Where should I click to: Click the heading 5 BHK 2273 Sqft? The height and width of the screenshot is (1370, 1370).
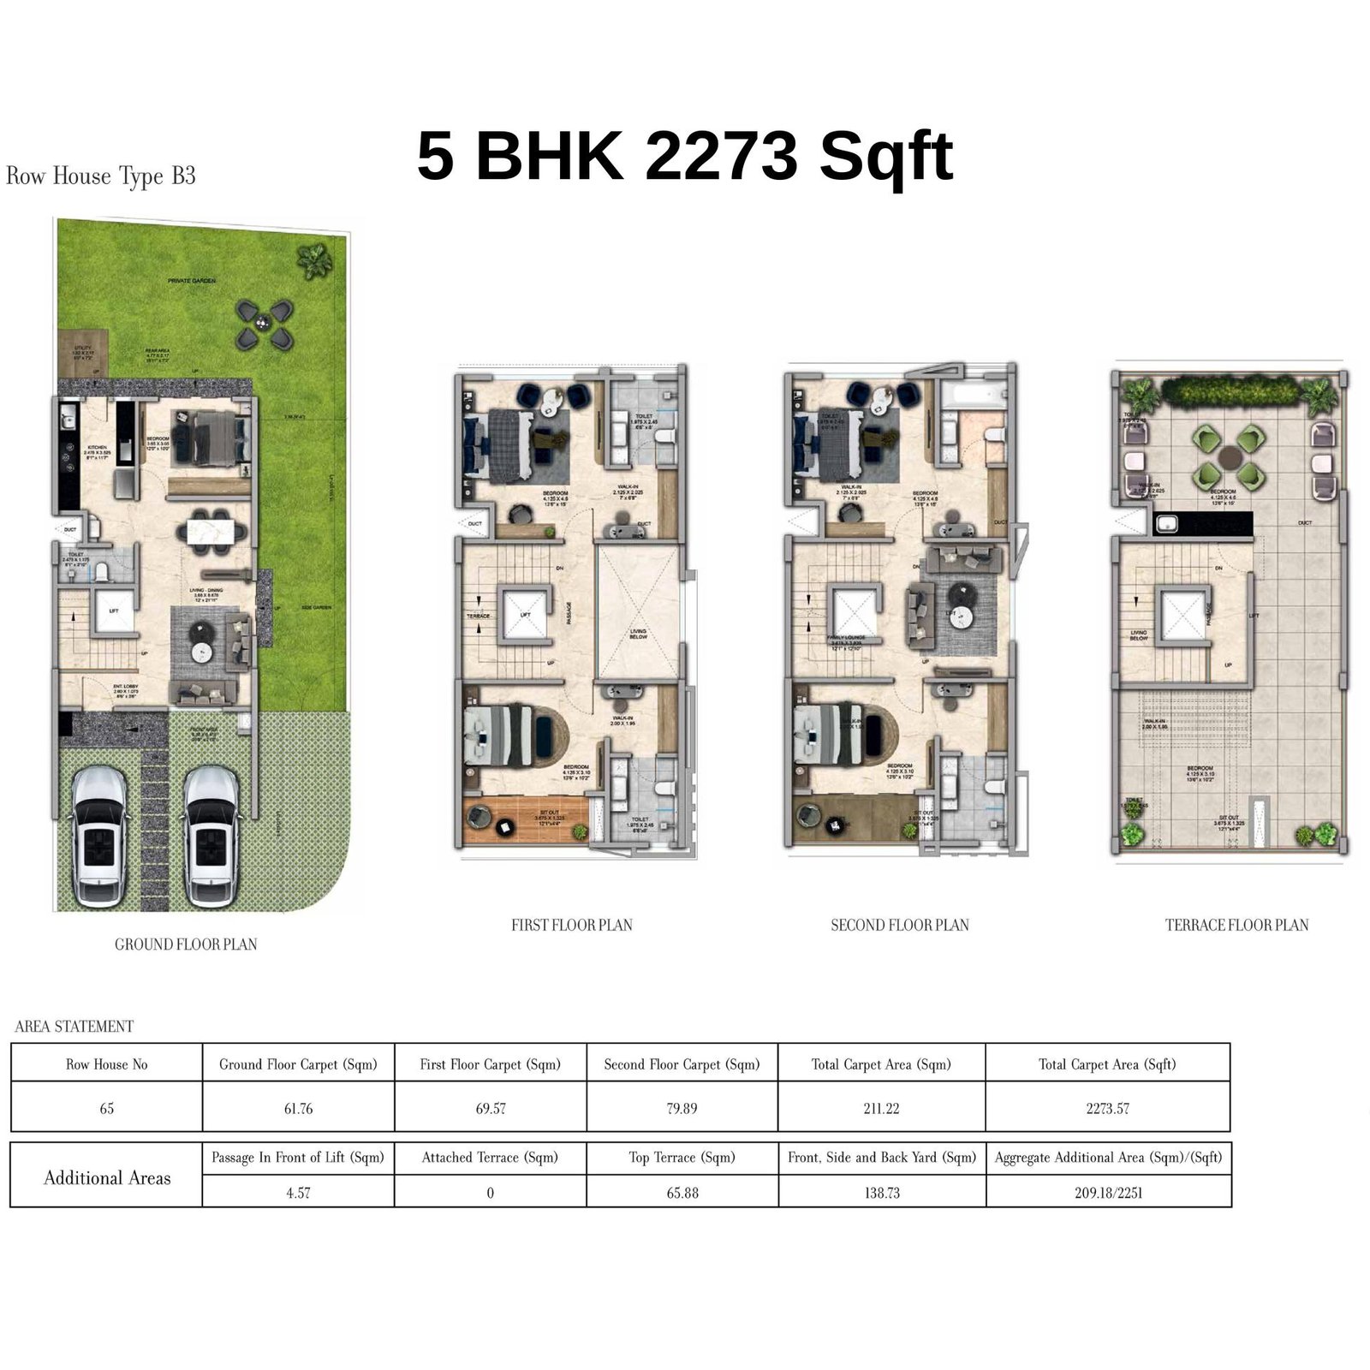(x=684, y=156)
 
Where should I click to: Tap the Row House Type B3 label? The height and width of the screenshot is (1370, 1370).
(x=101, y=176)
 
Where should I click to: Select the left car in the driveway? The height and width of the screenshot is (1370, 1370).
(x=101, y=836)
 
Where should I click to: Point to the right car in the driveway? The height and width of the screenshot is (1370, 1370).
(x=211, y=836)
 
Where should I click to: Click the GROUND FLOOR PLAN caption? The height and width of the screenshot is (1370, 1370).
(x=186, y=944)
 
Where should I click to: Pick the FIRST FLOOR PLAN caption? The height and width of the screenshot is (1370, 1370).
(x=571, y=925)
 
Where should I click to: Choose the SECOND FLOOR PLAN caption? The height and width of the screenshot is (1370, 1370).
(x=899, y=925)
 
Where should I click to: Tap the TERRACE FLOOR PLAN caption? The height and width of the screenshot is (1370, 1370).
(x=1236, y=925)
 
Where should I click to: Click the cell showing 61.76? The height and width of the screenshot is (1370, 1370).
(x=298, y=1109)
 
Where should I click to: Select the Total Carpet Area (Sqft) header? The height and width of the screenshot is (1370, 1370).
(x=1107, y=1064)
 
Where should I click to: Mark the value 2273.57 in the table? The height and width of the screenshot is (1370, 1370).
(x=1107, y=1109)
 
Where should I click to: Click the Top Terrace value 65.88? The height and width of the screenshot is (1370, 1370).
(x=682, y=1193)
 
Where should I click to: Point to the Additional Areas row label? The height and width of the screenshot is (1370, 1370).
(x=107, y=1178)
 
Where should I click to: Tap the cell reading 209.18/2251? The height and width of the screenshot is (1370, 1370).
(x=1108, y=1193)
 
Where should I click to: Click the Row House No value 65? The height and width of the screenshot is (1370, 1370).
(x=107, y=1109)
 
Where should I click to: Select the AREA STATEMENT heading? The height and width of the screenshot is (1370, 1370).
(x=74, y=1027)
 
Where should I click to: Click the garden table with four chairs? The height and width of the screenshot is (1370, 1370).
(x=264, y=324)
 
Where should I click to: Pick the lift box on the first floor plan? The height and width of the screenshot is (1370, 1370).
(x=525, y=614)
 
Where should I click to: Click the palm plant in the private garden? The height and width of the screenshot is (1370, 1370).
(x=314, y=259)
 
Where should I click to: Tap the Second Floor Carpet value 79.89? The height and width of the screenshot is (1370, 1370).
(x=682, y=1109)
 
